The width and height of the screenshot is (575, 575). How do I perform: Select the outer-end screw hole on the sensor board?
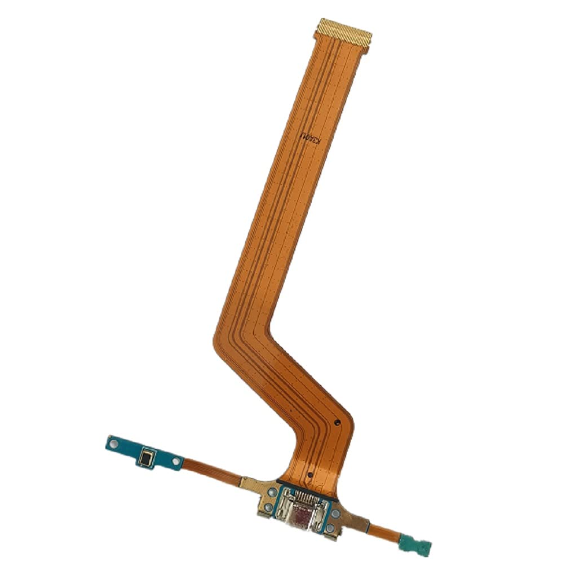click(x=114, y=444)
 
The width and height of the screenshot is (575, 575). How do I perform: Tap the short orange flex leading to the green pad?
click(x=383, y=530)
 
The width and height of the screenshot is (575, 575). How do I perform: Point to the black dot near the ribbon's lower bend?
click(x=337, y=421)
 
